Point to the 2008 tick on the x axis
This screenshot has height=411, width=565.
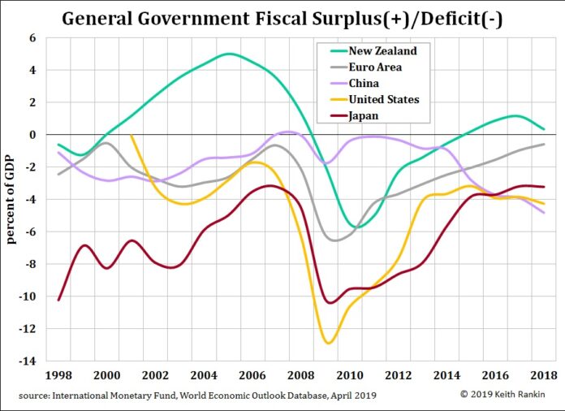point(301,376)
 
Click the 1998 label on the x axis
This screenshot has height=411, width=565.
point(58,376)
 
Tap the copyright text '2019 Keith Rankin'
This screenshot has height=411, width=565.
point(508,395)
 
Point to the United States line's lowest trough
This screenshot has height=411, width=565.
point(328,343)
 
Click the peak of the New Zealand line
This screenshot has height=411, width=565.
point(230,54)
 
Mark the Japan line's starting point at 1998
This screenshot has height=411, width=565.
point(58,300)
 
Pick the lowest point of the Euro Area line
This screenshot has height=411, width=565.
point(334,240)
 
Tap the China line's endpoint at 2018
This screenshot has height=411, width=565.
point(544,212)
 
